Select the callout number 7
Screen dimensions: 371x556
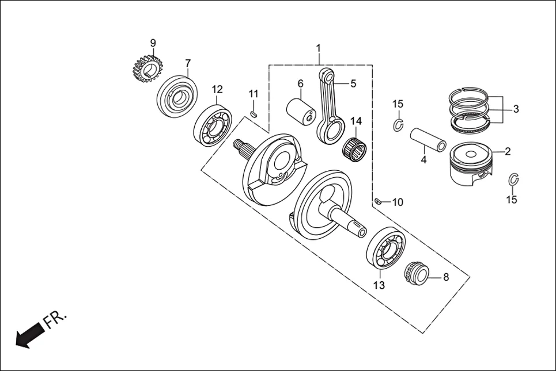[x=187, y=63]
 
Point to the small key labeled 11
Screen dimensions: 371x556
[x=254, y=114]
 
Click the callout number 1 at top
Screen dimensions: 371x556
[x=319, y=47]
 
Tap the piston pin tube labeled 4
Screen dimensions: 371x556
[x=429, y=140]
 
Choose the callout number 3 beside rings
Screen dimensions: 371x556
[x=516, y=108]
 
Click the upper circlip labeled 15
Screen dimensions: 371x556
[x=399, y=124]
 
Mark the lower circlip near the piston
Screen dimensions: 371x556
[x=514, y=179]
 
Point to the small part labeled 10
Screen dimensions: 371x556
[x=378, y=201]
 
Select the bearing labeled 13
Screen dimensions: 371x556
[x=385, y=248]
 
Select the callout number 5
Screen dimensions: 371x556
[x=353, y=83]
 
